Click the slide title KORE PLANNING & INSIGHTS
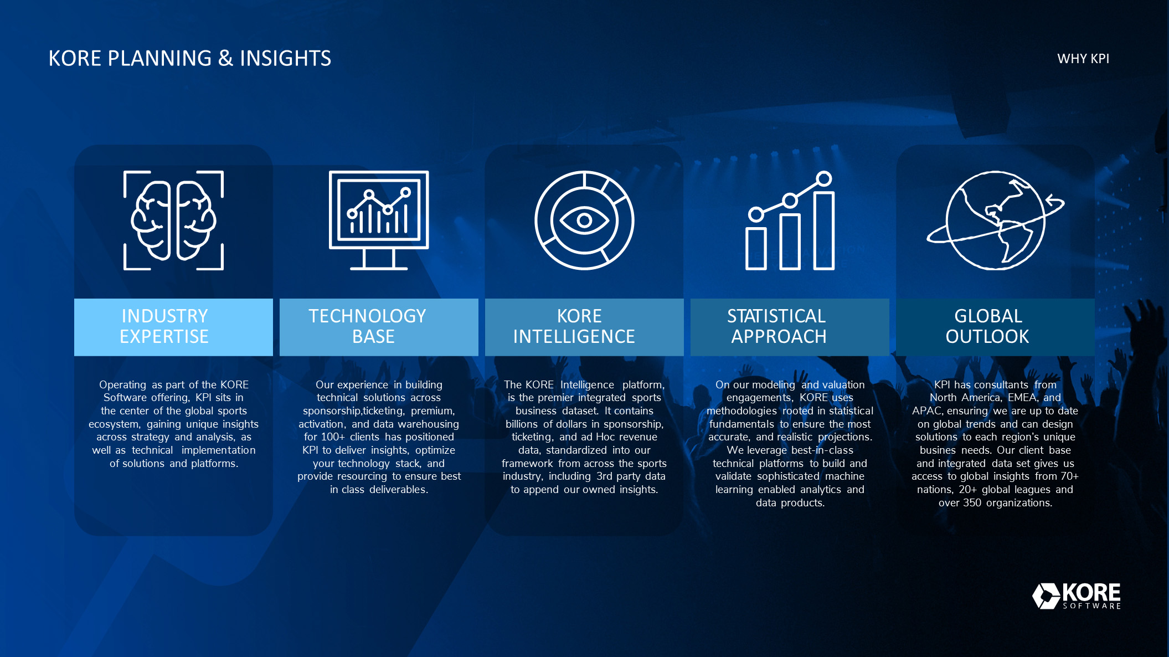(189, 58)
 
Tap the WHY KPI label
(1083, 59)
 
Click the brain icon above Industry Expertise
(173, 220)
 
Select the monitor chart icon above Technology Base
(379, 220)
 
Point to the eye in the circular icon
(584, 220)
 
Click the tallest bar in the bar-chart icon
(824, 230)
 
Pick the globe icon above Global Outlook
(995, 220)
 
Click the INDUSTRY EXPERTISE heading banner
(173, 327)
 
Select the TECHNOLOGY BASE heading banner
(379, 327)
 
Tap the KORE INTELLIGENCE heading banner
(584, 327)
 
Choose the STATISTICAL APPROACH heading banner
(790, 327)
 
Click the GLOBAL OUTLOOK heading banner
(995, 327)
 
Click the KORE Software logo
(1077, 596)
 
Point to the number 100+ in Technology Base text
(332, 437)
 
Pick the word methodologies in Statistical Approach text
(741, 411)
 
